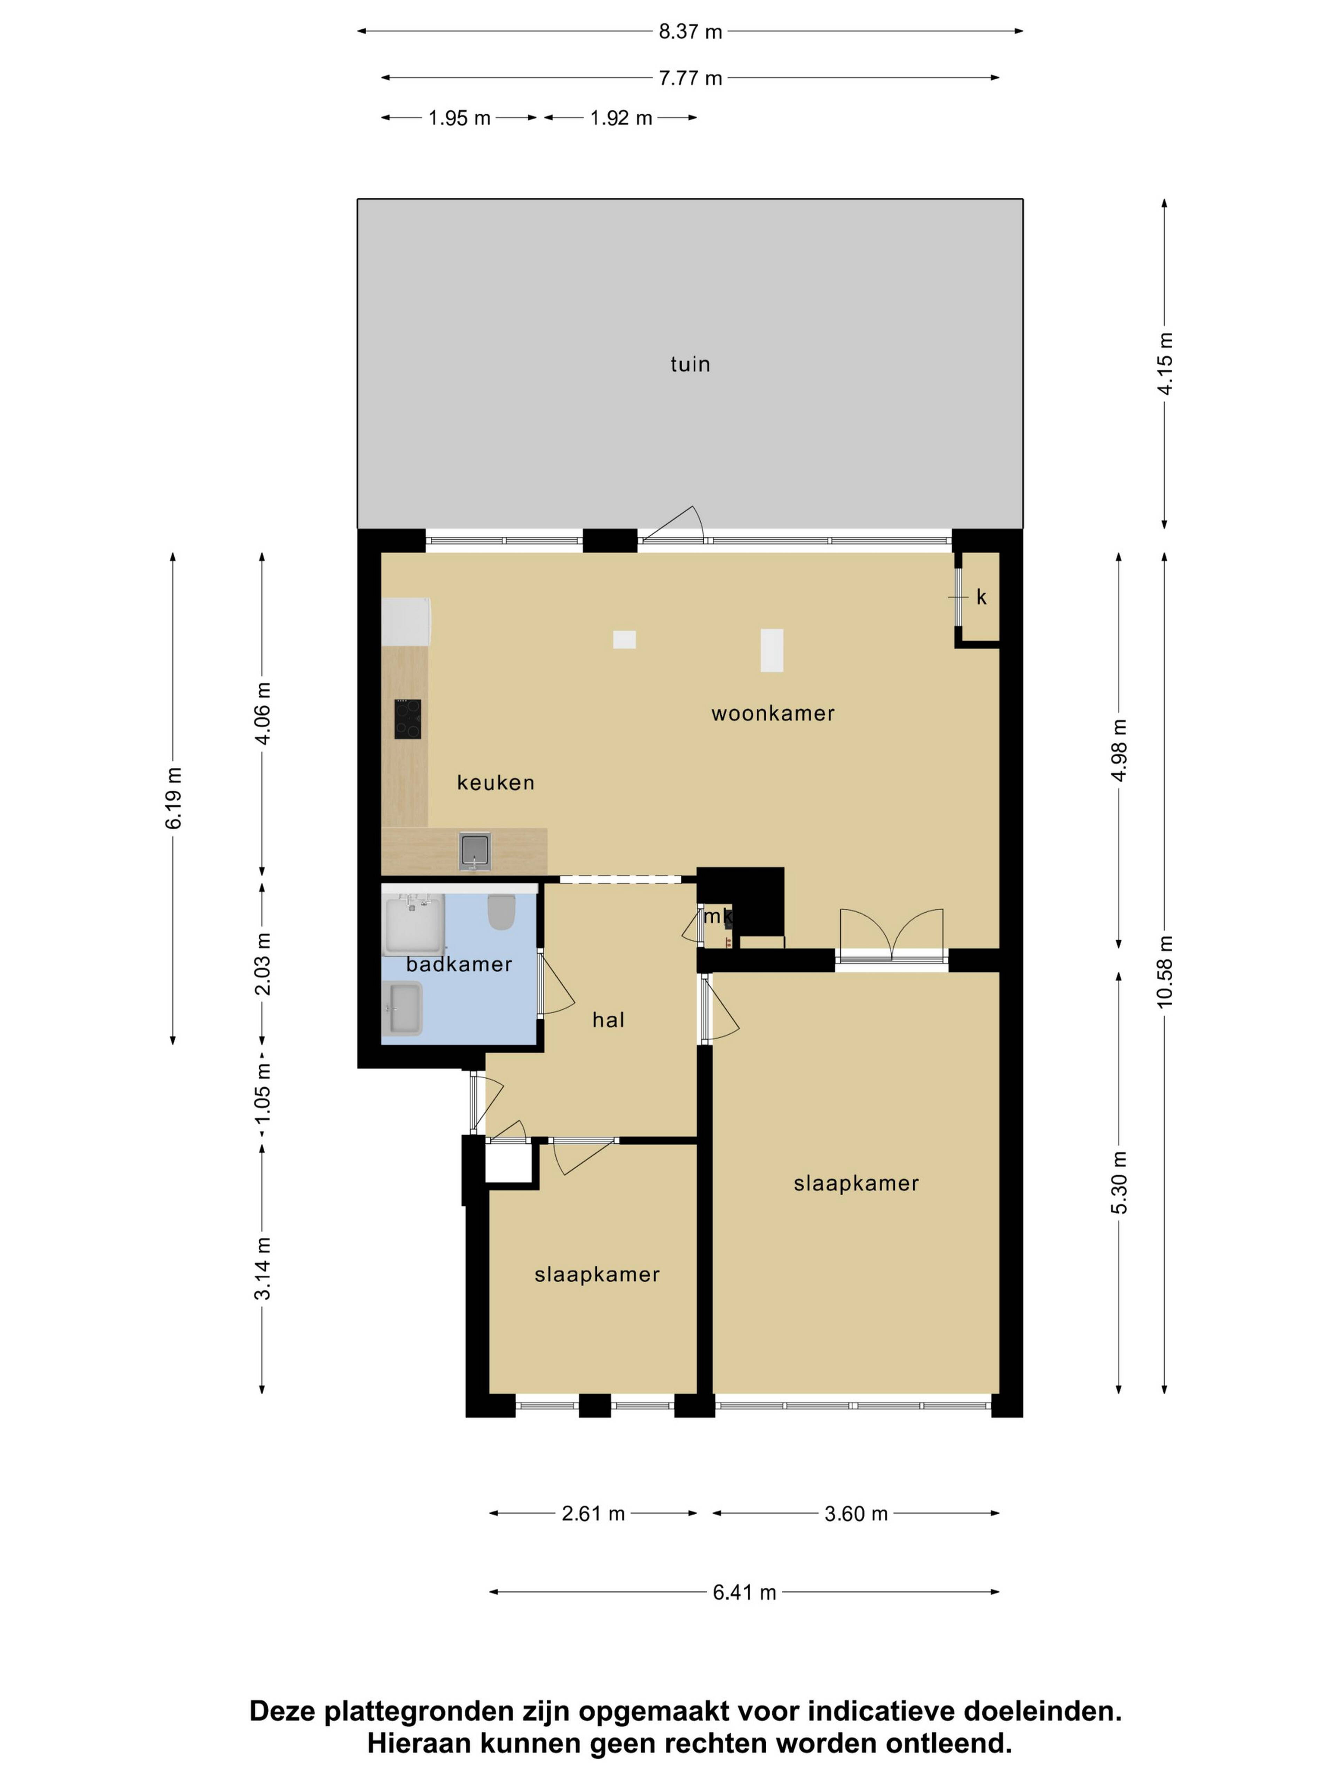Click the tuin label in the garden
point(690,364)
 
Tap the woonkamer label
point(772,713)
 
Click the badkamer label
point(459,964)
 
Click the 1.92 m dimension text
point(620,118)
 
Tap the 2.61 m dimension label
point(593,1514)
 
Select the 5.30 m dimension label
point(1119,1182)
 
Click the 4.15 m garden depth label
point(1165,363)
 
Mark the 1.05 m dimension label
point(262,1094)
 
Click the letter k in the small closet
point(981,597)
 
